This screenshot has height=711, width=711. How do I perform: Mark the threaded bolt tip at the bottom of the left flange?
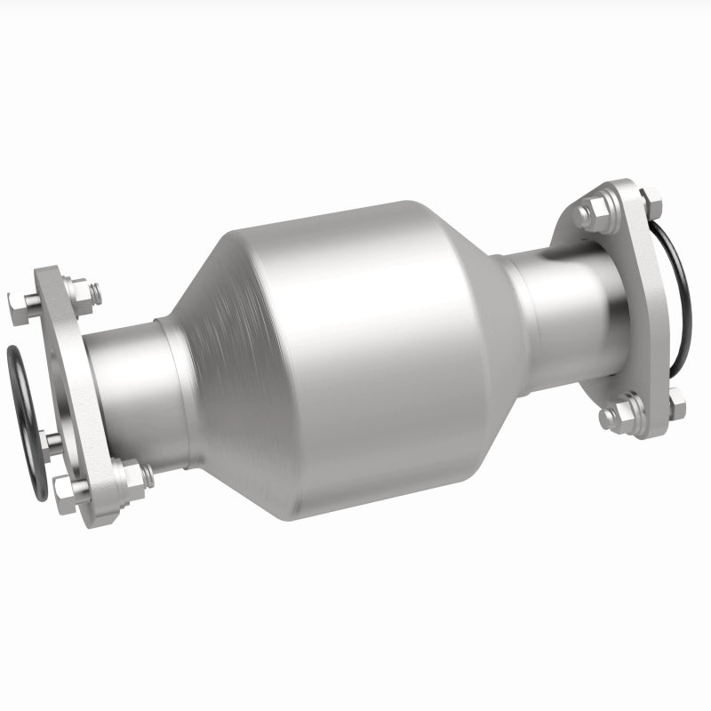[x=146, y=475]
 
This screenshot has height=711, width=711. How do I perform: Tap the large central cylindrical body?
[x=373, y=355]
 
